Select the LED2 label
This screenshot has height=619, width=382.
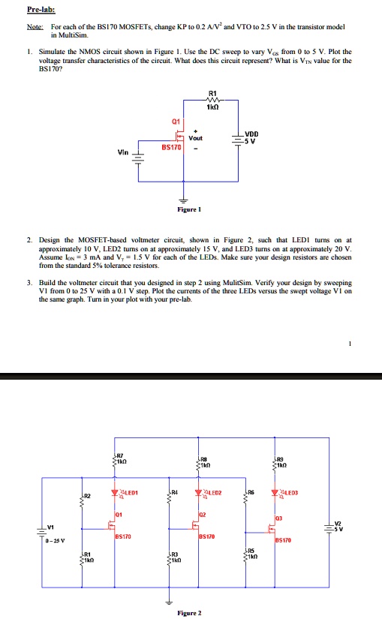point(216,472)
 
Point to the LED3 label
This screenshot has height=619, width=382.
point(291,472)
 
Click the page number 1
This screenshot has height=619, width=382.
point(350,344)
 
